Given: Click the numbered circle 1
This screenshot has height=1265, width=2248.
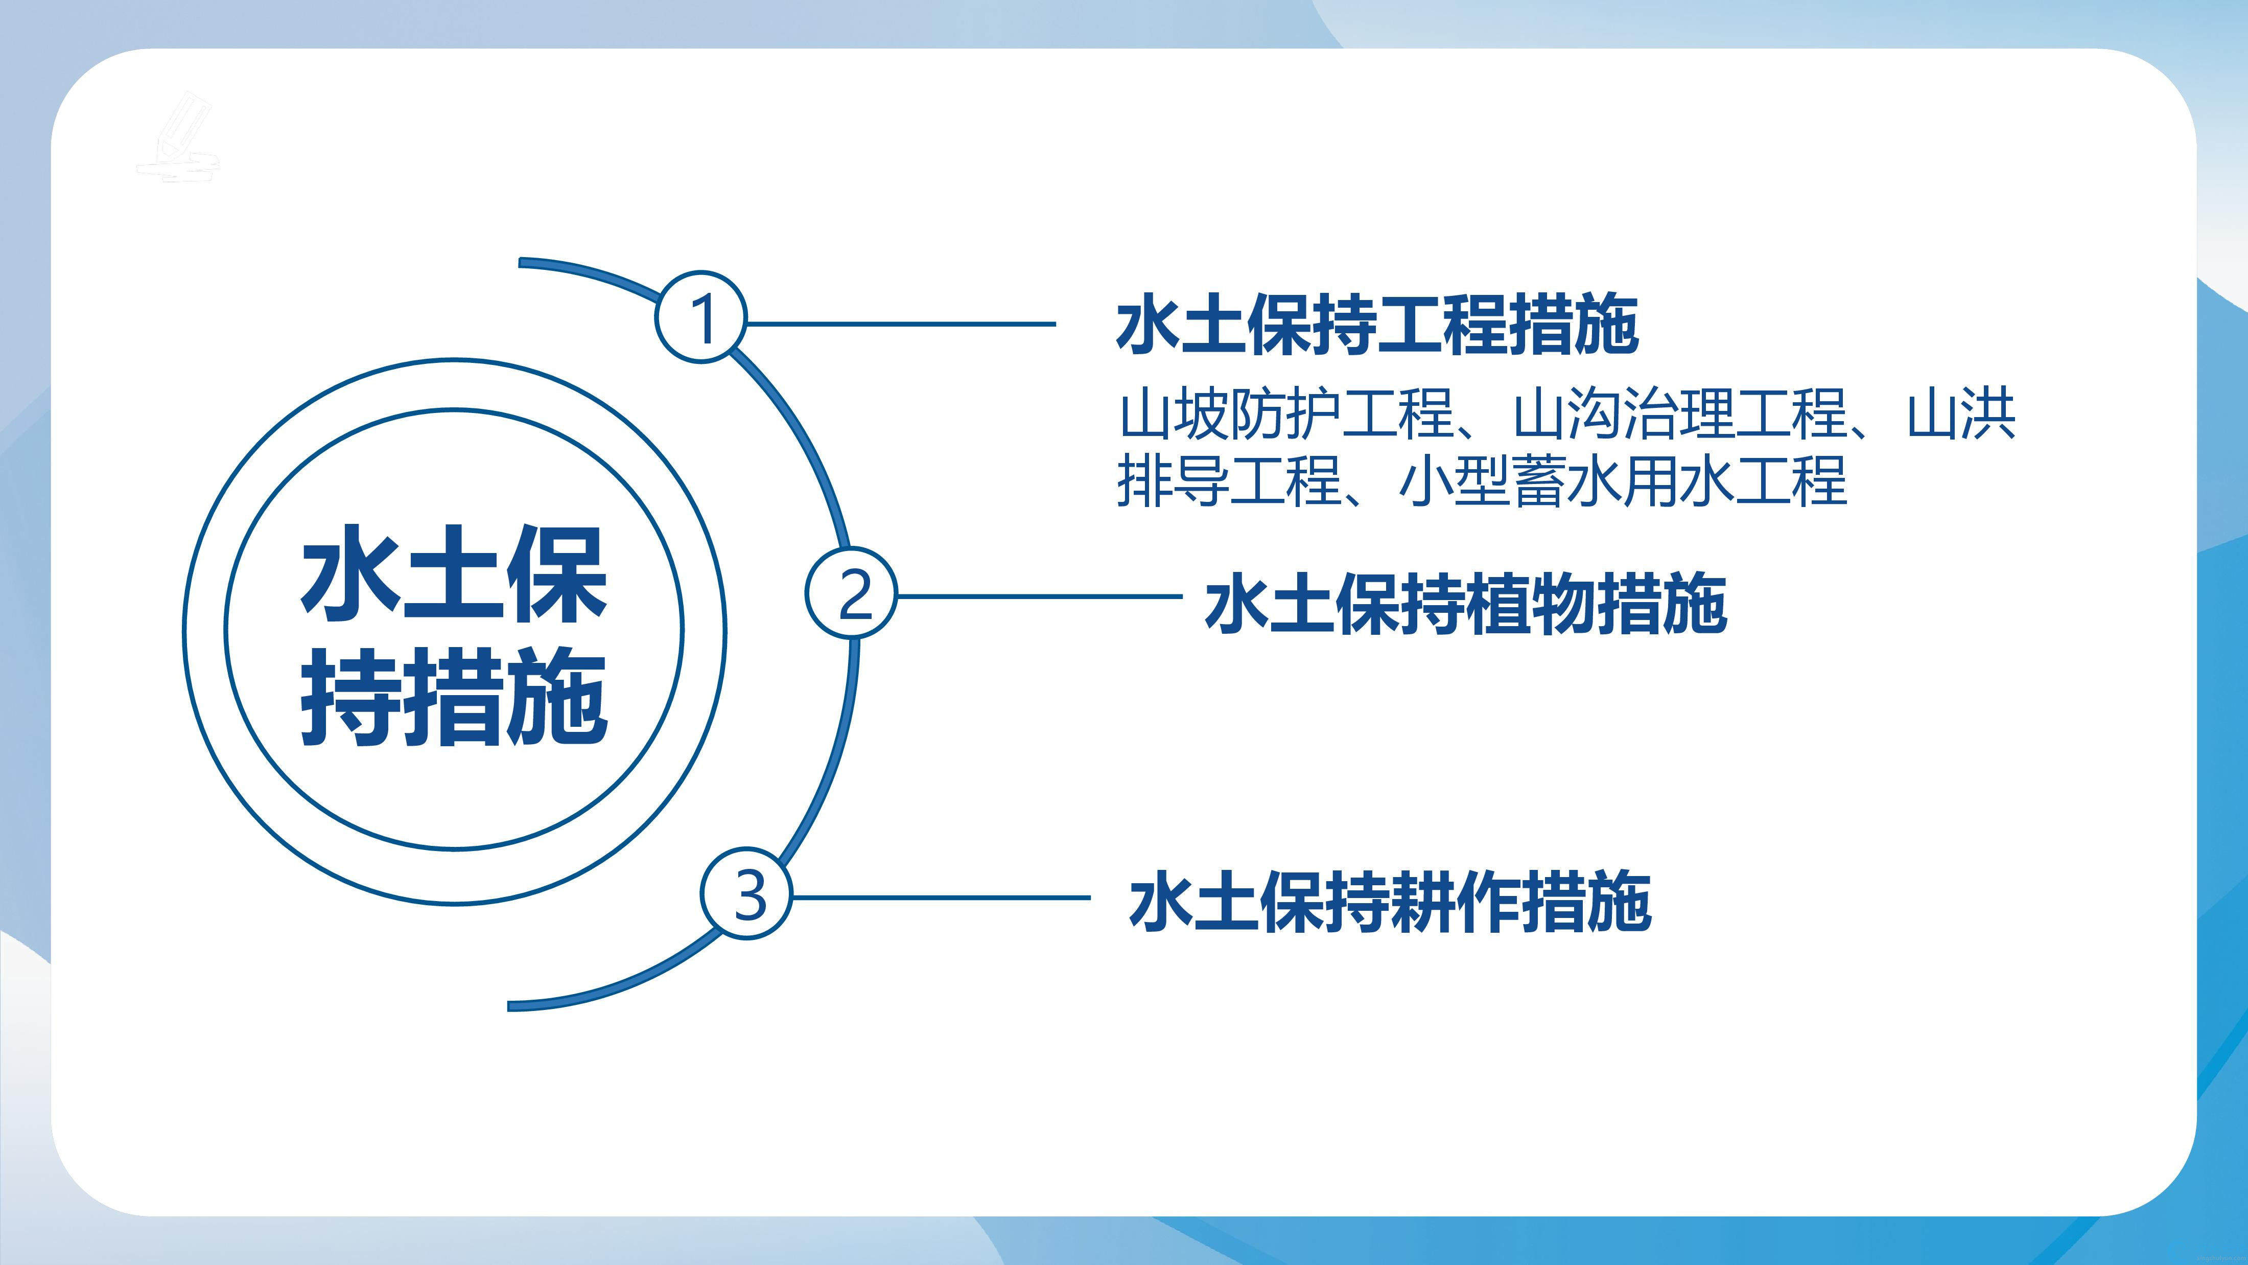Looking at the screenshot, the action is pos(701,316).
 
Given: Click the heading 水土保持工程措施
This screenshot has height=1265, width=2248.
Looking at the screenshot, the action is pos(1377,325).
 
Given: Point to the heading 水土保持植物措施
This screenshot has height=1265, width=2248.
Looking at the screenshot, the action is pos(1465,603).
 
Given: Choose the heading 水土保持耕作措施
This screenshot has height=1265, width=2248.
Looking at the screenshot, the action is pos(1390,901).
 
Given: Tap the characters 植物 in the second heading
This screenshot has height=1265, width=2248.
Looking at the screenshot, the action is pos(1532,603).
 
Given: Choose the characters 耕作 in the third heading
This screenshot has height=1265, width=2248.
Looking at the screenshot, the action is pos(1456,901).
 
